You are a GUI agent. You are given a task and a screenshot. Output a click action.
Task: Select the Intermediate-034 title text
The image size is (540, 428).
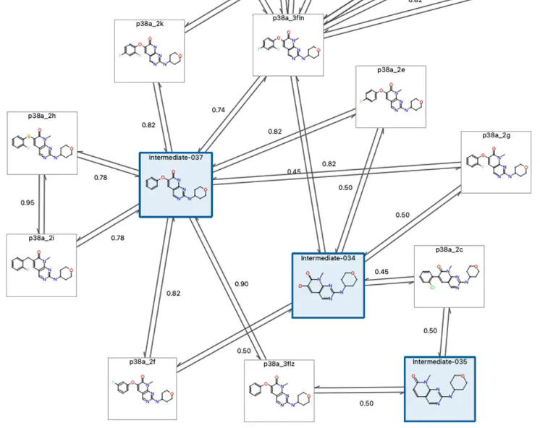pyautogui.click(x=328, y=258)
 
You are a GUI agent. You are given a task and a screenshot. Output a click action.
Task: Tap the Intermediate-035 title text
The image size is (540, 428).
pyautogui.click(x=440, y=361)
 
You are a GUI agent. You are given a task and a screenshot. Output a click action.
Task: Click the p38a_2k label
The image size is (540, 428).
pyautogui.click(x=150, y=24)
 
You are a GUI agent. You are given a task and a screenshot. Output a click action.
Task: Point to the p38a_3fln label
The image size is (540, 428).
pyautogui.click(x=288, y=18)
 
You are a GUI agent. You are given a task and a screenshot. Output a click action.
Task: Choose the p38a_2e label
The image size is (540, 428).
pyautogui.click(x=391, y=70)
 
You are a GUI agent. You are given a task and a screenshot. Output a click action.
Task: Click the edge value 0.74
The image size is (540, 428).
pyautogui.click(x=219, y=110)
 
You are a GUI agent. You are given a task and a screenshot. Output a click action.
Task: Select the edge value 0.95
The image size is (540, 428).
pyautogui.click(x=27, y=203)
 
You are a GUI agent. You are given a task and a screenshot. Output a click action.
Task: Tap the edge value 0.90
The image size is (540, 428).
pyautogui.click(x=241, y=284)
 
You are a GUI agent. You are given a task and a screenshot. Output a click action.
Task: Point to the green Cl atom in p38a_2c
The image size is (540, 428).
pyautogui.click(x=432, y=286)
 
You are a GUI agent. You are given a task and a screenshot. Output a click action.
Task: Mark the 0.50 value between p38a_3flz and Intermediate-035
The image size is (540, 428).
pyautogui.click(x=366, y=403)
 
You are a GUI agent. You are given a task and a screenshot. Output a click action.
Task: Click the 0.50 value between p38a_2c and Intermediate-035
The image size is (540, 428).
pyautogui.click(x=430, y=330)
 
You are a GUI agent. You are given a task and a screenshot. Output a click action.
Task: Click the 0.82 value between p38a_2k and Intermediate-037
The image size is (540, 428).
pyautogui.click(x=148, y=125)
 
